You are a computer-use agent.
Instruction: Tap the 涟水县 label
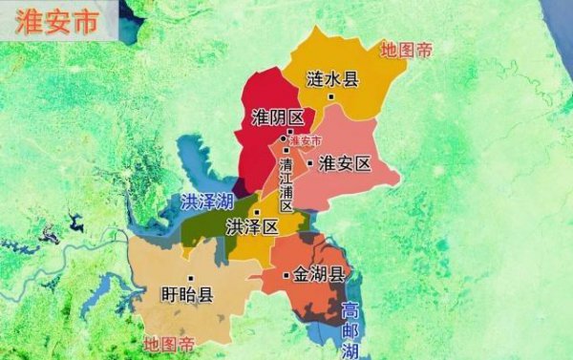pyautogui.click(x=332, y=79)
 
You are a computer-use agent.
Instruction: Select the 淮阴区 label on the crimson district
pyautogui.click(x=276, y=117)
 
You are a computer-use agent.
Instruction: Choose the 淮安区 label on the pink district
pyautogui.click(x=344, y=163)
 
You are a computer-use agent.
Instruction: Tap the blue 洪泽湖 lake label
pyautogui.click(x=206, y=201)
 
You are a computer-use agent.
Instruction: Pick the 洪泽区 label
pyautogui.click(x=251, y=227)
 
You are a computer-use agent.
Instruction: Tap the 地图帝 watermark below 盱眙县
pyautogui.click(x=169, y=343)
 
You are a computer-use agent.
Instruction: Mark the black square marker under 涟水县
pyautogui.click(x=331, y=97)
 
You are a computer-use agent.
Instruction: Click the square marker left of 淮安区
pyautogui.click(x=309, y=163)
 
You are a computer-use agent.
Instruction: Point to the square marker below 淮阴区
pyautogui.click(x=288, y=132)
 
